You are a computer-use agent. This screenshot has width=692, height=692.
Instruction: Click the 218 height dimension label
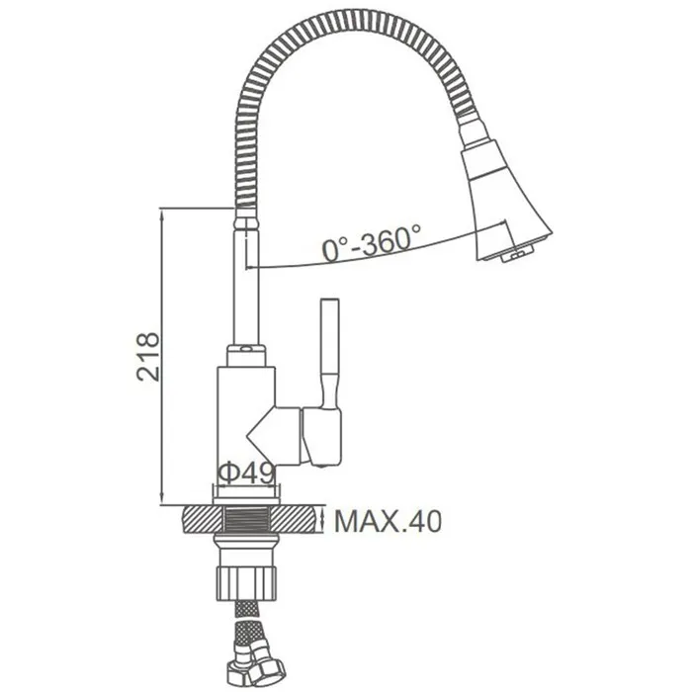pyautogui.click(x=148, y=357)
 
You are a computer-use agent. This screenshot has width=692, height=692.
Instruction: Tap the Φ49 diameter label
pyautogui.click(x=247, y=474)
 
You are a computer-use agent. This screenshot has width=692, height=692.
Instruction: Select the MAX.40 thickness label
pyautogui.click(x=388, y=521)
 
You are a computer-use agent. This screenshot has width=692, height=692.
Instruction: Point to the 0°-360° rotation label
pyautogui.click(x=371, y=242)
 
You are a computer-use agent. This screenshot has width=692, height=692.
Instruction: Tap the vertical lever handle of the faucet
pyautogui.click(x=329, y=353)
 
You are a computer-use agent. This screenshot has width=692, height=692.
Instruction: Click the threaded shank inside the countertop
pyautogui.click(x=246, y=520)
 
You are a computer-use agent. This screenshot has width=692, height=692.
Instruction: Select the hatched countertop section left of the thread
pyautogui.click(x=202, y=520)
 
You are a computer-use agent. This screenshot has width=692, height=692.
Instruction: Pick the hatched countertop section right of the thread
pyautogui.click(x=294, y=520)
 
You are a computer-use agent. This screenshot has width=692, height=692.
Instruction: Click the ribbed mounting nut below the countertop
pyautogui.click(x=246, y=583)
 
